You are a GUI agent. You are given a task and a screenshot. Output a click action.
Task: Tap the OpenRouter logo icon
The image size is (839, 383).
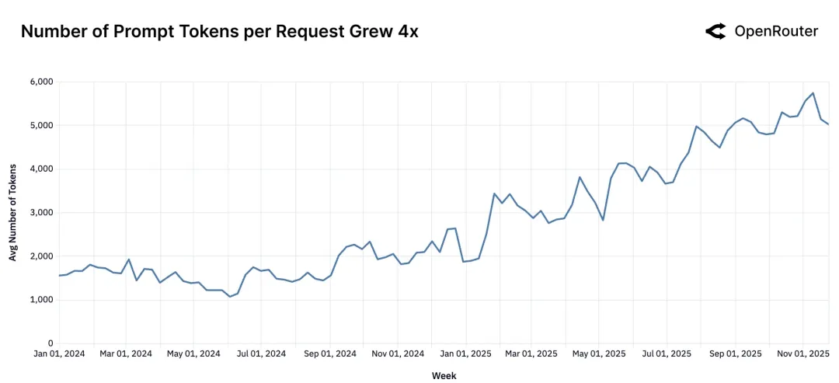[715, 32]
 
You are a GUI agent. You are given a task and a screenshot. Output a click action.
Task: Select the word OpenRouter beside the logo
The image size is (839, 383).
[776, 32]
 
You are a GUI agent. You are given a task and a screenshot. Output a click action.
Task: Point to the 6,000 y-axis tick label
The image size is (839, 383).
[40, 82]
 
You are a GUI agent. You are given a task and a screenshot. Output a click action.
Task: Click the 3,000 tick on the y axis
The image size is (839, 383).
[40, 212]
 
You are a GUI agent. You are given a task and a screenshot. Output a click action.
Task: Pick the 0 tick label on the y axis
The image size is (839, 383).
[50, 343]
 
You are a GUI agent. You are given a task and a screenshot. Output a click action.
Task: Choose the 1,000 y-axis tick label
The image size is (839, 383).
[40, 300]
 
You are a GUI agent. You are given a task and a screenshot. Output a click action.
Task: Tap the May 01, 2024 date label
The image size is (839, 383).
[193, 354]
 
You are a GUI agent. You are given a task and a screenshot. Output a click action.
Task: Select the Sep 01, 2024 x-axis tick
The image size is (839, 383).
[329, 354]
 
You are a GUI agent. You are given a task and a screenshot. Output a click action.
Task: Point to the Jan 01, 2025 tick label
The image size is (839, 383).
[465, 354]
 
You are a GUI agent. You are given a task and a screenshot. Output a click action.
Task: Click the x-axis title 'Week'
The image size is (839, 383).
[444, 375]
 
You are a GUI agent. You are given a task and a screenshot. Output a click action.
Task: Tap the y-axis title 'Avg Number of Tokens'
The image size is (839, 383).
[13, 212]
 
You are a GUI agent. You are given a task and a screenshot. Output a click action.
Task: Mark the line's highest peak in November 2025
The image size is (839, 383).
[813, 93]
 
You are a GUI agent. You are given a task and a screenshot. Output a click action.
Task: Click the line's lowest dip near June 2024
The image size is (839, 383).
[229, 297]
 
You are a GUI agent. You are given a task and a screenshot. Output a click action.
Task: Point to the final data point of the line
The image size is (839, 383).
[829, 124]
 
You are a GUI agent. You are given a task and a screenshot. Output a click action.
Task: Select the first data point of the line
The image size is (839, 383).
[59, 276]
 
